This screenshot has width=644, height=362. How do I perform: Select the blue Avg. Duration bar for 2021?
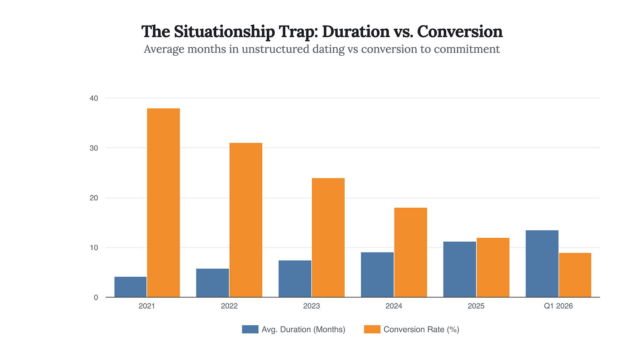(x=130, y=287)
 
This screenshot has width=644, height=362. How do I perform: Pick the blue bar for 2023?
(x=295, y=279)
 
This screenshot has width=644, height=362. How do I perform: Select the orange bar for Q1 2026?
(x=575, y=275)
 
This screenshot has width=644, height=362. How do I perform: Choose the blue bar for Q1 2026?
(x=542, y=264)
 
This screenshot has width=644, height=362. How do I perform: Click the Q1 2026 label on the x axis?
(x=559, y=306)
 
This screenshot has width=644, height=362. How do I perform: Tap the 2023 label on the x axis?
(x=311, y=306)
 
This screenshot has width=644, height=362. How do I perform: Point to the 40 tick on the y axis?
(x=94, y=98)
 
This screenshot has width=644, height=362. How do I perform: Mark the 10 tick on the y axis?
(x=94, y=248)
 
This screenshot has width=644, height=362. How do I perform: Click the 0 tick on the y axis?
(x=96, y=297)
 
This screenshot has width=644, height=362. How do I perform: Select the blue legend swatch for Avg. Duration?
(x=250, y=329)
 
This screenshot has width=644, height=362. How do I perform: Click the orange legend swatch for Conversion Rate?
(x=372, y=329)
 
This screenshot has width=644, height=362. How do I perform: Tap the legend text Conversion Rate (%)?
(x=421, y=329)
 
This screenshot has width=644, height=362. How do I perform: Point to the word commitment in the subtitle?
(x=467, y=49)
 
